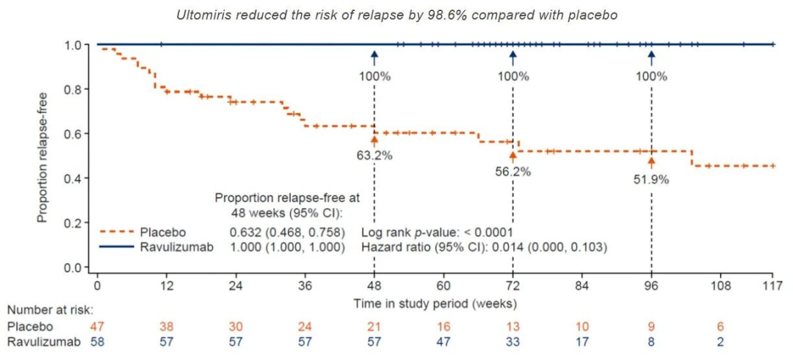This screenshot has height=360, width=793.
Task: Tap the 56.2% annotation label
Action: click(513, 172)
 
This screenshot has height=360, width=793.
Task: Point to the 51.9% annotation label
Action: click(651, 179)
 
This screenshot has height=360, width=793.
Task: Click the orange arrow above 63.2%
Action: click(374, 141)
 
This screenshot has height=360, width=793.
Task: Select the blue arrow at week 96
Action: click(651, 58)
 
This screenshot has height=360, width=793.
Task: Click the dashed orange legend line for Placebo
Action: click(117, 232)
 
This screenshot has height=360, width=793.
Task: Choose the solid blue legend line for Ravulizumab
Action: click(117, 248)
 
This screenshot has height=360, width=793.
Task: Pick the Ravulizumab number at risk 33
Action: click(513, 342)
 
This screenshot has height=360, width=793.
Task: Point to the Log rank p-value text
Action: click(438, 233)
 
